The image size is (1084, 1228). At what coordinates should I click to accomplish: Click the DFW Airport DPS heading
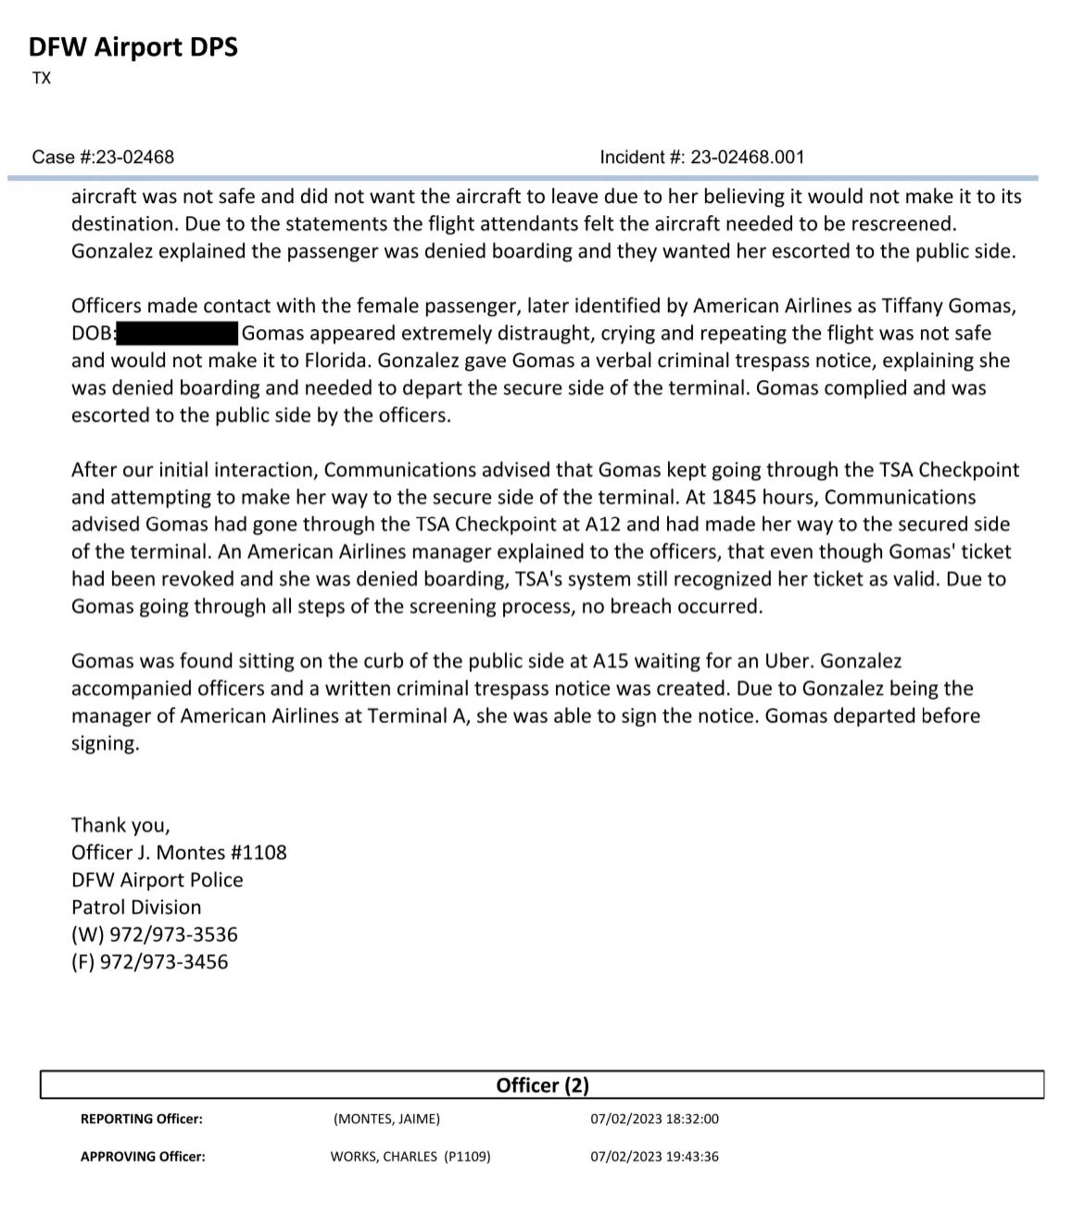click(132, 46)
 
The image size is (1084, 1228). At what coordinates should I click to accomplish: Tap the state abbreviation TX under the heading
click(42, 79)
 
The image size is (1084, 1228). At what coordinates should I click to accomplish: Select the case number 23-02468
click(135, 157)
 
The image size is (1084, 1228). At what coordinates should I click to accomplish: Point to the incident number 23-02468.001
click(746, 157)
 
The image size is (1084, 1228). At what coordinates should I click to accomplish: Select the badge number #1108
click(258, 853)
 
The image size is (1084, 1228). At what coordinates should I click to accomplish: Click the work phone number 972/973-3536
click(173, 935)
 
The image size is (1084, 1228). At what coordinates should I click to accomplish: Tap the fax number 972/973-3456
click(168, 962)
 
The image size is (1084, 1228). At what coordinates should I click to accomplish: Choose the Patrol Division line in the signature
click(136, 907)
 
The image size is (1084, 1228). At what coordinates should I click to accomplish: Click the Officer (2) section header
click(542, 1085)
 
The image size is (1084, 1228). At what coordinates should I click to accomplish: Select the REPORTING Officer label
click(142, 1120)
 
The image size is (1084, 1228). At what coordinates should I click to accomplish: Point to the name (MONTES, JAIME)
click(386, 1120)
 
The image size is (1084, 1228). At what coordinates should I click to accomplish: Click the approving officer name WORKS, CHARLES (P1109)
click(410, 1157)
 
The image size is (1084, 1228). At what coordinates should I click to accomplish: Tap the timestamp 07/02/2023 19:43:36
click(654, 1157)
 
